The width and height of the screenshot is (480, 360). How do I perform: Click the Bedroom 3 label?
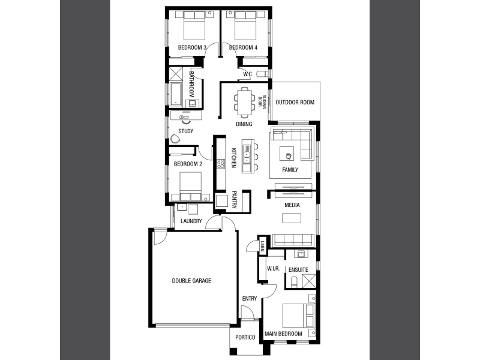[x=192, y=47]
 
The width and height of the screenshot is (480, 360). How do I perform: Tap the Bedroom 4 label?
[x=243, y=47]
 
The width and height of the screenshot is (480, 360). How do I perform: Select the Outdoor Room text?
[x=295, y=102]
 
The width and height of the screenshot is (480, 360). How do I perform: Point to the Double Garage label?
[x=191, y=281]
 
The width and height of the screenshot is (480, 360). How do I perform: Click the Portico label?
[x=245, y=337]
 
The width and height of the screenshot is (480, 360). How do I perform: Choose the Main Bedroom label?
[x=283, y=334]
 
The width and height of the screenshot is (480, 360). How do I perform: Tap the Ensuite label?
[x=298, y=269]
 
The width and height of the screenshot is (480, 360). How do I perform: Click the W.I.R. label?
[x=273, y=268]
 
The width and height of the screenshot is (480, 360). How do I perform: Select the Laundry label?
[x=191, y=221]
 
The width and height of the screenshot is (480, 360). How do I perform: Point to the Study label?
[x=185, y=131]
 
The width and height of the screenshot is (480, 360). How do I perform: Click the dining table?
[x=244, y=101]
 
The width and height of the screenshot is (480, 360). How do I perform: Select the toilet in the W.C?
[x=262, y=74]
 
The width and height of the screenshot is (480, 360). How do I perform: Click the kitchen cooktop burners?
[x=221, y=164]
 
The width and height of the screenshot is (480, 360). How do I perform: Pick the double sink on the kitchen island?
[x=247, y=155]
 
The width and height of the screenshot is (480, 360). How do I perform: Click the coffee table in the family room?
[x=287, y=154]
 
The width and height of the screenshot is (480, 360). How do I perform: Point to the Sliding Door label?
[x=262, y=101]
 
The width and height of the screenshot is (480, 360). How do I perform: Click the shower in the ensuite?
[x=308, y=281]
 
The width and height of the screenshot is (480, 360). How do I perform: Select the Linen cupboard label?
[x=262, y=245]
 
